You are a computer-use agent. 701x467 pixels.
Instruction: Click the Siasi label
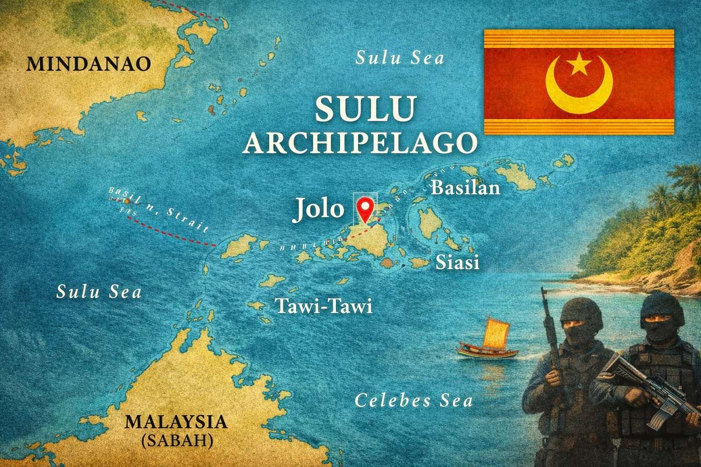click(x=457, y=263)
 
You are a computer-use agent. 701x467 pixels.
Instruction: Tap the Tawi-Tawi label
click(x=324, y=306)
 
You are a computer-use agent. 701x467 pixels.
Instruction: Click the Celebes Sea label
click(x=414, y=401)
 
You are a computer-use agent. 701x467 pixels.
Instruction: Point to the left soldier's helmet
click(x=581, y=312)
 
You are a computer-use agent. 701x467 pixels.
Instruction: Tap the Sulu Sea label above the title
click(x=400, y=58)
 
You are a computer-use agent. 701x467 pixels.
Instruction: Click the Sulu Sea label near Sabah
click(x=99, y=291)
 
